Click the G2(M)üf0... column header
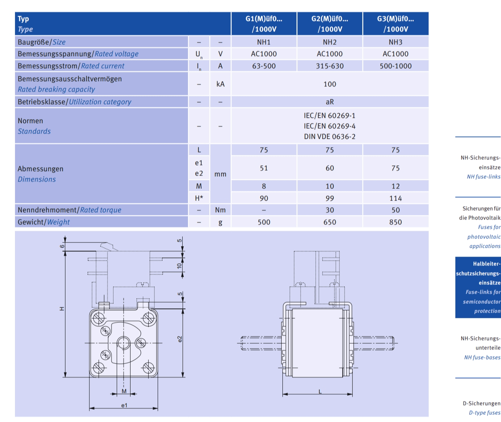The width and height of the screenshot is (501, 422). [330, 24]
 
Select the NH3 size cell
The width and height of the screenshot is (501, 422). [396, 42]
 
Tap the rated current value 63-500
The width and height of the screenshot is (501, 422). [264, 66]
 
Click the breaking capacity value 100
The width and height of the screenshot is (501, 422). [330, 84]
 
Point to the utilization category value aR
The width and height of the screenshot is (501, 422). [330, 102]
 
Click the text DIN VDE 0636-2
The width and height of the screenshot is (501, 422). [330, 136]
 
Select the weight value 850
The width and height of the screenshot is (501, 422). [396, 222]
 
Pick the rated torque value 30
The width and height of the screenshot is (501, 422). [330, 210]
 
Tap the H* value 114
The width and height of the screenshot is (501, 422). [396, 198]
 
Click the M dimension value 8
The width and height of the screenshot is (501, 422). [264, 186]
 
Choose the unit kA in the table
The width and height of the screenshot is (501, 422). [220, 84]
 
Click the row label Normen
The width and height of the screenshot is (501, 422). [30, 121]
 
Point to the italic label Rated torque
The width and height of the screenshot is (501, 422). [101, 210]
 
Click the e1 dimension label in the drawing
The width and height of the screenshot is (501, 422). [124, 405]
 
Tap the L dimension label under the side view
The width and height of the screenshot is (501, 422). [320, 391]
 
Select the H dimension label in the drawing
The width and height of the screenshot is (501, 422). [62, 309]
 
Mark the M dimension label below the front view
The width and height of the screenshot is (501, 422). [124, 391]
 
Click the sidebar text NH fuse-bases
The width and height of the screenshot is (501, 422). [482, 357]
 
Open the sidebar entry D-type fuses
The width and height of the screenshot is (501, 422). [484, 412]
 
